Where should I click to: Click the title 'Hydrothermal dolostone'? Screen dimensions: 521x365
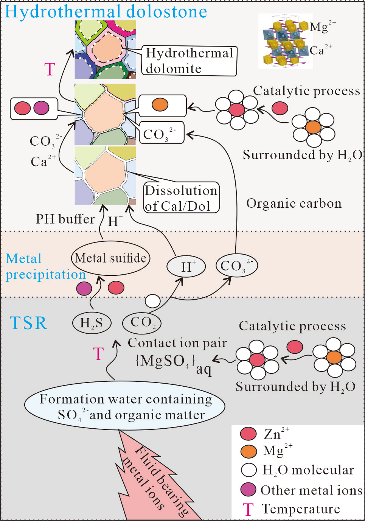pyautogui.click(x=106, y=11)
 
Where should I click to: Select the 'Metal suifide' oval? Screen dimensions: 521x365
pyautogui.click(x=110, y=258)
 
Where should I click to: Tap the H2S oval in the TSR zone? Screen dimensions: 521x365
pyautogui.click(x=92, y=323)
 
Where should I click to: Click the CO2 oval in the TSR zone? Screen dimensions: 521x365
pyautogui.click(x=142, y=323)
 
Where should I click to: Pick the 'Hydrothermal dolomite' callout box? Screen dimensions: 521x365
pyautogui.click(x=189, y=61)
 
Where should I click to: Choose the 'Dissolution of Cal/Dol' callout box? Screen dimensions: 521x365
pyautogui.click(x=181, y=198)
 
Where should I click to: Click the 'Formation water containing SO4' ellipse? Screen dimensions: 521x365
pyautogui.click(x=125, y=407)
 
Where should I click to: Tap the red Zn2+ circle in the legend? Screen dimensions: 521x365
pyautogui.click(x=248, y=434)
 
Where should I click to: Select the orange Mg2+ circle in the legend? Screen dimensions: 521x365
pyautogui.click(x=248, y=451)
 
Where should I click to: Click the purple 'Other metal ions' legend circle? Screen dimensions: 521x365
pyautogui.click(x=248, y=490)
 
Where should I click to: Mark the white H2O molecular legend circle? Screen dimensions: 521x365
pyautogui.click(x=249, y=470)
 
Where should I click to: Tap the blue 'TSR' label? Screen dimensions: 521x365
pyautogui.click(x=29, y=323)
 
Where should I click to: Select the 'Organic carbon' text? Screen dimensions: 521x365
pyautogui.click(x=294, y=204)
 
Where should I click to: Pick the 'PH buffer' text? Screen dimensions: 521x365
pyautogui.click(x=65, y=219)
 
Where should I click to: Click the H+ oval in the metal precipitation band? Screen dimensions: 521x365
pyautogui.click(x=186, y=266)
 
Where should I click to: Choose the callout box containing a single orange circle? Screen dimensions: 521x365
pyautogui.click(x=163, y=105)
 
